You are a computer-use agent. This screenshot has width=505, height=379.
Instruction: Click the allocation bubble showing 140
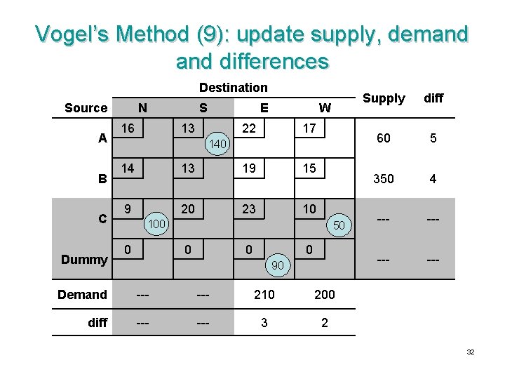218,144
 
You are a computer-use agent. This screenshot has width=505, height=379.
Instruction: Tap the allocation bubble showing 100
158,224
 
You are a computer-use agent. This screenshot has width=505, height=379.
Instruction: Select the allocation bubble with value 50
339,225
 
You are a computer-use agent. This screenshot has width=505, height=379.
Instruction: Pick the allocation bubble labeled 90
278,265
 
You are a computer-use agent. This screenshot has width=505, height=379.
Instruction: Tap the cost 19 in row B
249,168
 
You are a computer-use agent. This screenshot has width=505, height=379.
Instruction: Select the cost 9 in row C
128,208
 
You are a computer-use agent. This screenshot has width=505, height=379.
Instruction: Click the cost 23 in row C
249,208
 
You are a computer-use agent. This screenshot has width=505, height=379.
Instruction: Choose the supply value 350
384,179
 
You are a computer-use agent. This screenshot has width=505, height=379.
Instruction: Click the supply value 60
384,138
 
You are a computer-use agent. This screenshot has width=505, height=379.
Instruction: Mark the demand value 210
264,295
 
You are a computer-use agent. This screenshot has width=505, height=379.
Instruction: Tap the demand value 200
325,295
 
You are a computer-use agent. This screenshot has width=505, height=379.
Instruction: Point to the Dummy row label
83,259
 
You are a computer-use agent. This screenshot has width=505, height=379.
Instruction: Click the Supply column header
384,98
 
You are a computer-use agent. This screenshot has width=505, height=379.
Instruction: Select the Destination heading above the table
233,88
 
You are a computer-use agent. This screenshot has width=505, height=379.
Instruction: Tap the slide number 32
470,352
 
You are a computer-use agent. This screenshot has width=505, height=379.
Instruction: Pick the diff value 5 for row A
433,138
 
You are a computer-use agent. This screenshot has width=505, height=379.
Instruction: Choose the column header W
325,107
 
